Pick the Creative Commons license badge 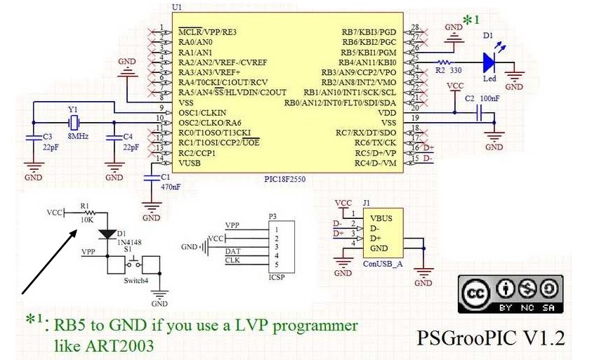click(511, 294)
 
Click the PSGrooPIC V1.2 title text click(490, 338)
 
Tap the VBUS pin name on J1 click(383, 218)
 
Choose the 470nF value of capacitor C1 click(171, 187)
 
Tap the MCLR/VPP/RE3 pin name click(207, 32)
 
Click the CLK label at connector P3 click(232, 260)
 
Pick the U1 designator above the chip click(176, 7)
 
